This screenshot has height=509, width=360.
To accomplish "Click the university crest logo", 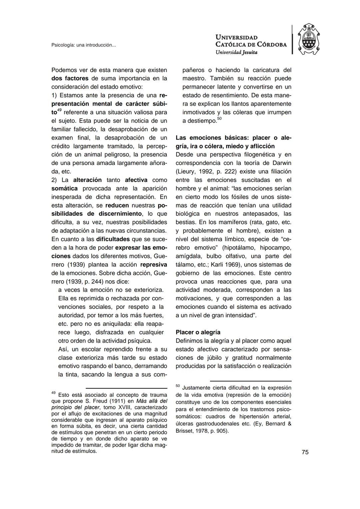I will click(308, 40).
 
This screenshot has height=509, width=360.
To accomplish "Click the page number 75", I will click(305, 452).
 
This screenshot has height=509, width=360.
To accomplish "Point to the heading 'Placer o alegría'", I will click(198, 332).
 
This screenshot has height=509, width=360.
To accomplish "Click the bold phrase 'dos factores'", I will click(70, 79).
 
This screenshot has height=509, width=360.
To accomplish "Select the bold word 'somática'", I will click(65, 188).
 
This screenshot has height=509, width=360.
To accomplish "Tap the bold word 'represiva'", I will click(154, 265).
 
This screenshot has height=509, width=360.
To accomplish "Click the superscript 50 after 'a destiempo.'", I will click(219, 119).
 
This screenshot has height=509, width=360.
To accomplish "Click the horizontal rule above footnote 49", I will click(126, 388).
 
